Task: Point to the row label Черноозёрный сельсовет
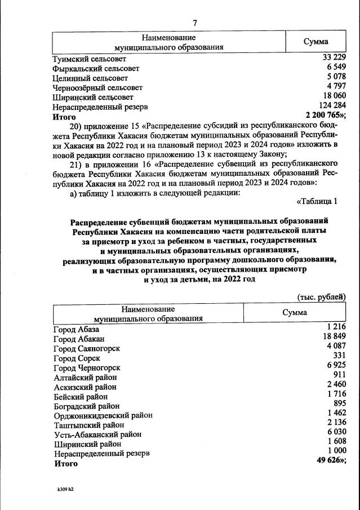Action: click(x=97, y=87)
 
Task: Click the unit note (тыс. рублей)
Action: click(x=321, y=296)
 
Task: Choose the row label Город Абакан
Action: click(x=79, y=339)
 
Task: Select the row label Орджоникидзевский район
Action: click(x=103, y=415)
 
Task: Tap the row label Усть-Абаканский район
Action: click(x=97, y=434)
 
